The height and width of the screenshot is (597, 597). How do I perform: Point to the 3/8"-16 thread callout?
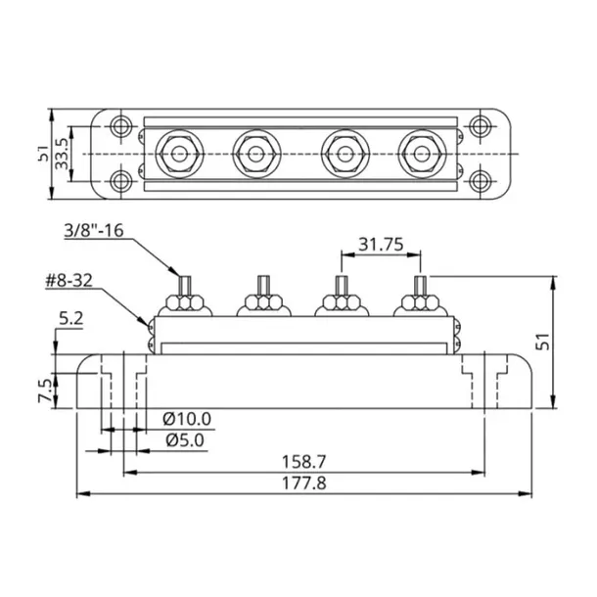coord(95,231)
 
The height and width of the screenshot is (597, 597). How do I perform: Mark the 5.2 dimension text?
coord(72,318)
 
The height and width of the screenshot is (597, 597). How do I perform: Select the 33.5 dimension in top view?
coord(63,155)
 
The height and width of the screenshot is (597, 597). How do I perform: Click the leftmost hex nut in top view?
coord(178,154)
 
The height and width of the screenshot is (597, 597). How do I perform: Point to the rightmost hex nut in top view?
coord(421,154)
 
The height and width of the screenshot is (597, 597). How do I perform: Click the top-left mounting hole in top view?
coord(121,126)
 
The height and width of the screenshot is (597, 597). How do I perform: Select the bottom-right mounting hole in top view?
coord(480,182)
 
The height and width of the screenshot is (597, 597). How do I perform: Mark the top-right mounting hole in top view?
coord(480,126)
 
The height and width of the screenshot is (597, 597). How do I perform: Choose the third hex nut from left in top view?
coord(344,154)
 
